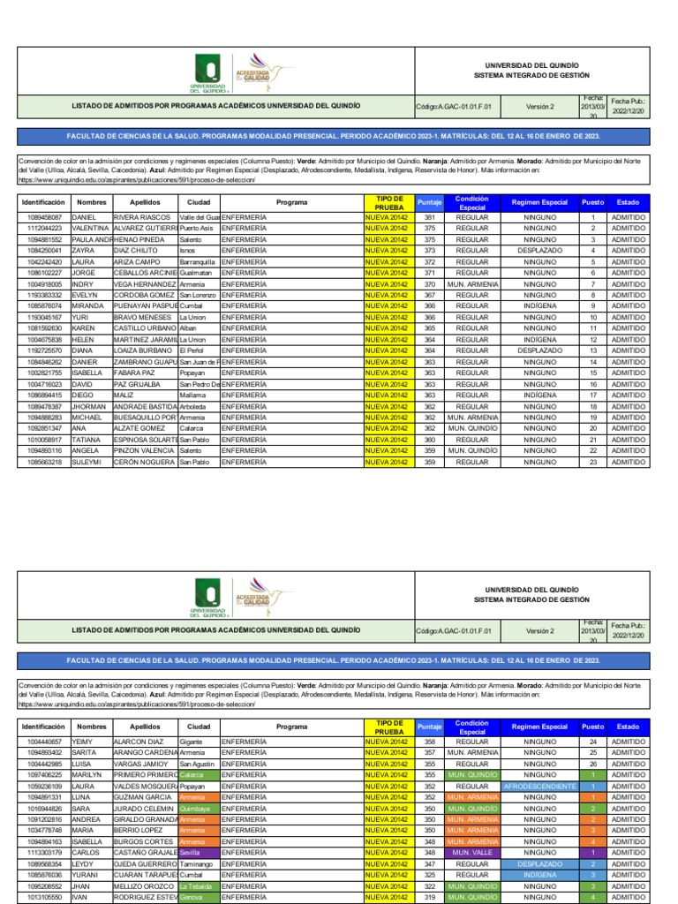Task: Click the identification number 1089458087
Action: pyautogui.click(x=44, y=217)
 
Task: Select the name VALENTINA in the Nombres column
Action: pyautogui.click(x=92, y=228)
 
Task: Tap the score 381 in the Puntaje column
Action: pyautogui.click(x=429, y=217)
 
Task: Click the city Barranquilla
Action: pyautogui.click(x=197, y=261)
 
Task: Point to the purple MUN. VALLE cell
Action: pyautogui.click(x=471, y=853)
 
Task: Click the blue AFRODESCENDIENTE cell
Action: pyautogui.click(x=539, y=786)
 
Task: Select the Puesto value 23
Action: pyautogui.click(x=593, y=462)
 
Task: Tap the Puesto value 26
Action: pyautogui.click(x=593, y=764)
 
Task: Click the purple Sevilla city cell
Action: pyautogui.click(x=197, y=853)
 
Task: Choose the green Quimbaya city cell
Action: pyautogui.click(x=197, y=808)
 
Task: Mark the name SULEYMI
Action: pyautogui.click(x=92, y=462)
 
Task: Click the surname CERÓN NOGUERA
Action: pyautogui.click(x=144, y=462)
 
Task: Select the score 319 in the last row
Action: pyautogui.click(x=429, y=897)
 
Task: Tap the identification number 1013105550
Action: pyautogui.click(x=44, y=897)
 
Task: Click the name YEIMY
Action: pyautogui.click(x=92, y=742)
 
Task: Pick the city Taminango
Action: pyautogui.click(x=197, y=863)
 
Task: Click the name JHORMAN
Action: pyautogui.click(x=92, y=406)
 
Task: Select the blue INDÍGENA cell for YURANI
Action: pyautogui.click(x=539, y=875)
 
